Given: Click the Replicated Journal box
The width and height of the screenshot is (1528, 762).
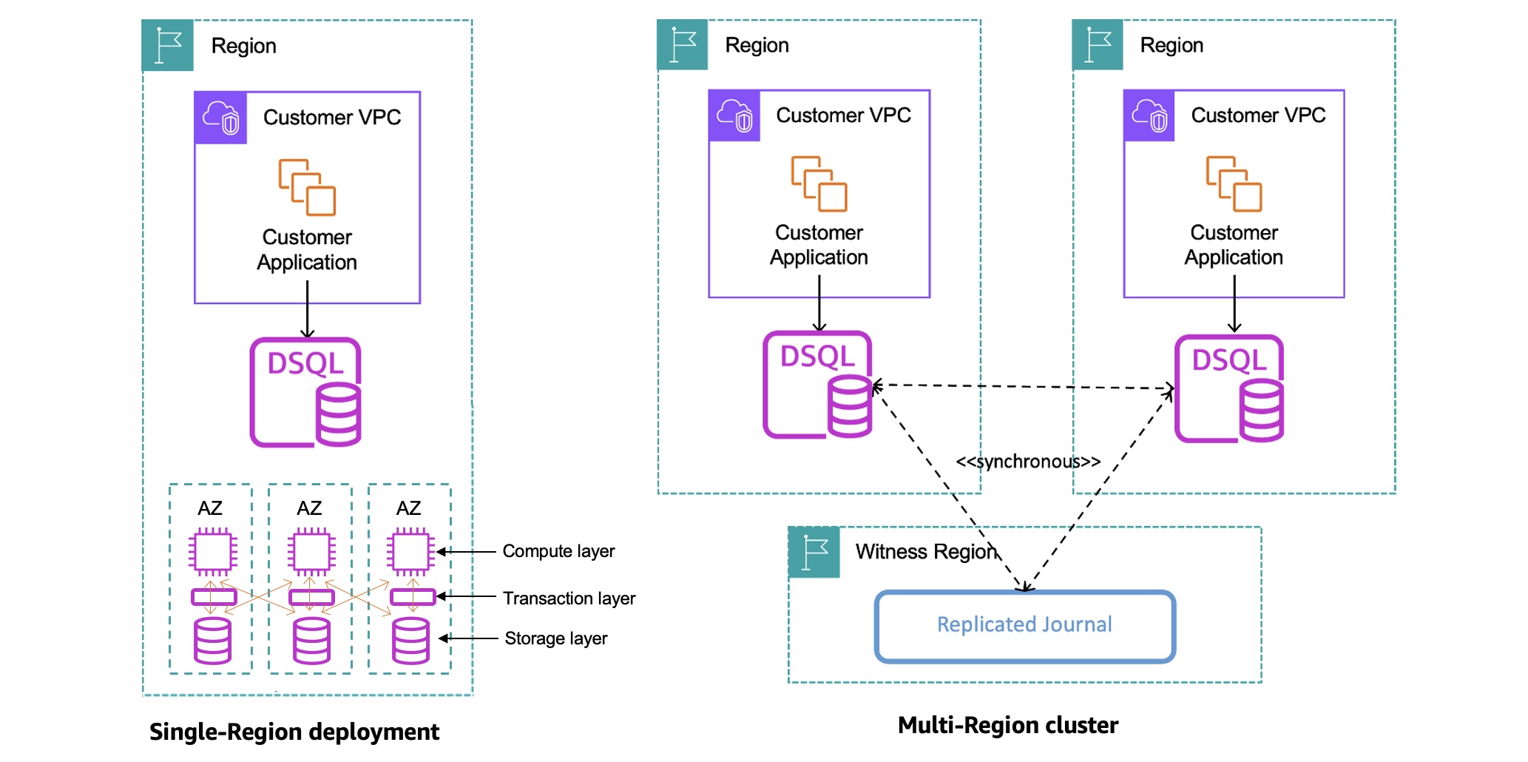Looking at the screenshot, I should [1024, 626].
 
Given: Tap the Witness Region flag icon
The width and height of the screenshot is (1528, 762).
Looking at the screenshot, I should [814, 552].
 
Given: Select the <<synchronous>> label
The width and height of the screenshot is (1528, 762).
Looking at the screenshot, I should [1028, 462].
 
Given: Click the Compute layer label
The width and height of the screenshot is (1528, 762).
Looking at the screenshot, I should [558, 551].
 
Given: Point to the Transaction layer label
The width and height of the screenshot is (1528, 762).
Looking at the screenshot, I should [569, 598].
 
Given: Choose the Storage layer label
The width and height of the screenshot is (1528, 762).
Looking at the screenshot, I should [555, 638].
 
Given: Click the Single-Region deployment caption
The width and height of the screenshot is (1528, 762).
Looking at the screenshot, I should [294, 732].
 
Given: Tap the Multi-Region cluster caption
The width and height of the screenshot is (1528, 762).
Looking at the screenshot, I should [1007, 725].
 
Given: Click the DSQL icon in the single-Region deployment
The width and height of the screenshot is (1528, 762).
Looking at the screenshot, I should [305, 392].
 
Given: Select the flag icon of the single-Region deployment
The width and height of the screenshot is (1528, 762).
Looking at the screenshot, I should [168, 46].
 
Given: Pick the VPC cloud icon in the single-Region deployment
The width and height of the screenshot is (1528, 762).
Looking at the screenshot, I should [220, 118].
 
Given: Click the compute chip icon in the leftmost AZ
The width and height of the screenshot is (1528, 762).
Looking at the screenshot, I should [213, 551].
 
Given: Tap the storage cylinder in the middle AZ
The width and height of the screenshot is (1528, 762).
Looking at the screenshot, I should [311, 640].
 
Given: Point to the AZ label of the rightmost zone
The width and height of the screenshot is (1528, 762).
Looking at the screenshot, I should [408, 508].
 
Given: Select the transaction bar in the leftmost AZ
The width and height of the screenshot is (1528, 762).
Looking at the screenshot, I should [213, 596].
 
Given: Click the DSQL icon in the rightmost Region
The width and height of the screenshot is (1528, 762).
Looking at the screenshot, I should [1229, 388].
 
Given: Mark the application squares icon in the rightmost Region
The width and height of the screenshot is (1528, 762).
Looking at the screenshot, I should [1234, 183].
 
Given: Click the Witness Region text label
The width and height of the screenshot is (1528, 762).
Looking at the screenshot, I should [926, 552].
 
